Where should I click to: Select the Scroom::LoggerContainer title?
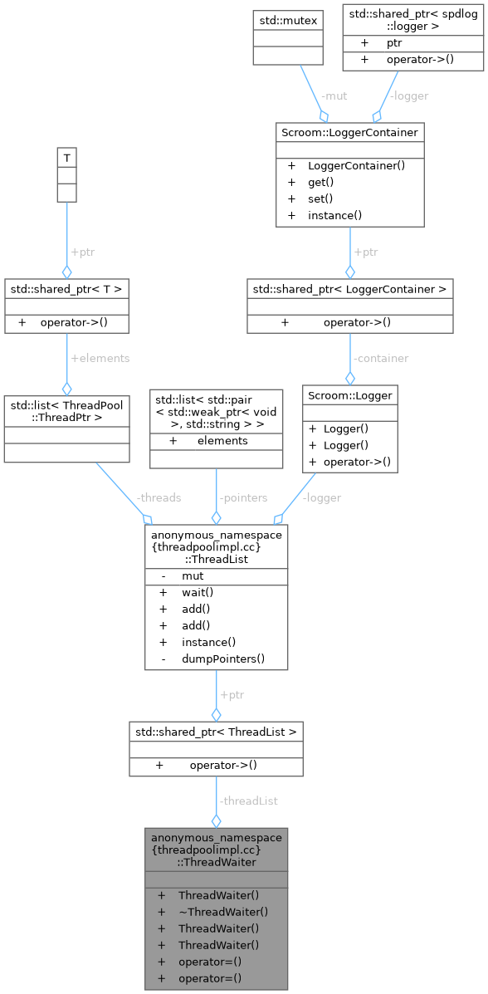pos(349,132)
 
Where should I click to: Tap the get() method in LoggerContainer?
pos(320,182)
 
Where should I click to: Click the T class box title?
pos(66,157)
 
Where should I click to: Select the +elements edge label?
pos(100,358)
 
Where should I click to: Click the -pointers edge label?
pos(243,497)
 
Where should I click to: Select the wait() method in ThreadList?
pos(198,592)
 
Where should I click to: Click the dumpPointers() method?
pos(223,659)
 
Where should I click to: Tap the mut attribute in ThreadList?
pos(193,575)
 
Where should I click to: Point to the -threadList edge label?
pos(248,801)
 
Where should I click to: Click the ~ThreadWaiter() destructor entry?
pos(222,911)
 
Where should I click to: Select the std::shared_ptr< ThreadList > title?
pos(216,732)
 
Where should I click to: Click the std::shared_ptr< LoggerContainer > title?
pos(349,288)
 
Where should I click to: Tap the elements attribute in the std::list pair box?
pos(222,441)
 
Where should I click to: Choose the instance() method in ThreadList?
pos(209,642)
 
